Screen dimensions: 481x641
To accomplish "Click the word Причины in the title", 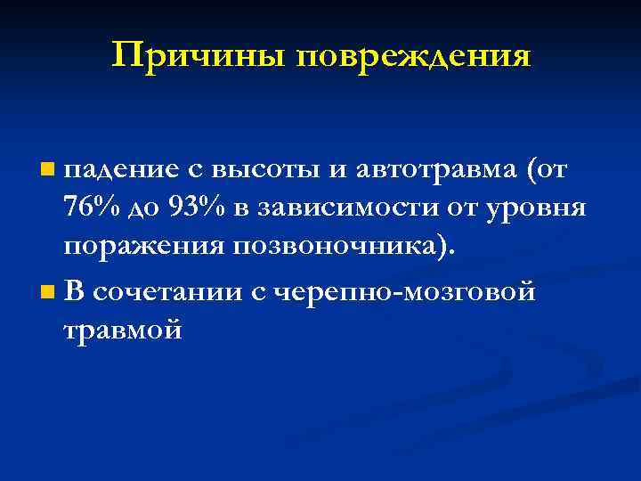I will point(199,56).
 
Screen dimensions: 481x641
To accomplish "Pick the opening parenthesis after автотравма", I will point(532,168).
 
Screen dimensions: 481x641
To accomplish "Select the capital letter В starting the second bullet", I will point(75,291).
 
